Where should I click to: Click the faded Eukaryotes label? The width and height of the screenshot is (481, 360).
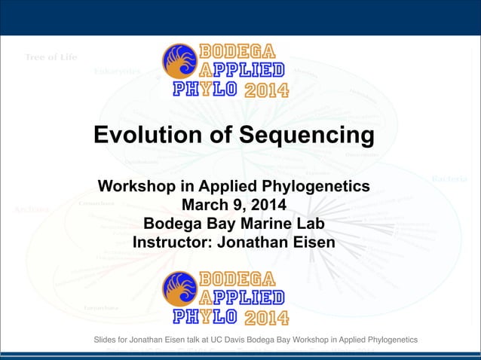point(117,72)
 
